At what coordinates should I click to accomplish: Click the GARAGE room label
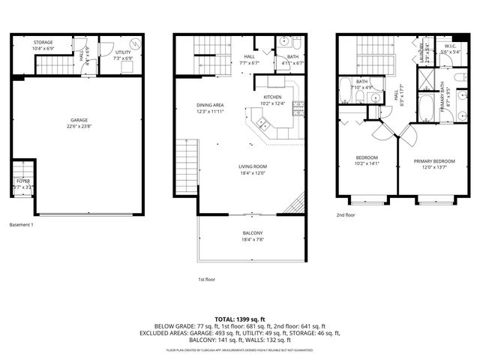point(79,120)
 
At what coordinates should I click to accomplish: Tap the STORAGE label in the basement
point(43,43)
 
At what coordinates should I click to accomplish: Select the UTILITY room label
point(123,52)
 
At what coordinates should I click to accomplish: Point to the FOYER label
point(24,180)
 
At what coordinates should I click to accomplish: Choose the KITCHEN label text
point(271,97)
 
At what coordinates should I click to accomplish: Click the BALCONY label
point(253,233)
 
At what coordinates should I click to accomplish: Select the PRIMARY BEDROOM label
point(435,161)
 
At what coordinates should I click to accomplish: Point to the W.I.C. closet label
point(450,46)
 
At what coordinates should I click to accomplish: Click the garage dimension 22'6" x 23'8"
point(79,127)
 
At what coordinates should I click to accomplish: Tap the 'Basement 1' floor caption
point(21,224)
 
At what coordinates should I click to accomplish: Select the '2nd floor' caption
point(346,214)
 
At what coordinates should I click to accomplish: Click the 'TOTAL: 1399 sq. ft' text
point(239,319)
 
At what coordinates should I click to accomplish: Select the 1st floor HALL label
point(250,57)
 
